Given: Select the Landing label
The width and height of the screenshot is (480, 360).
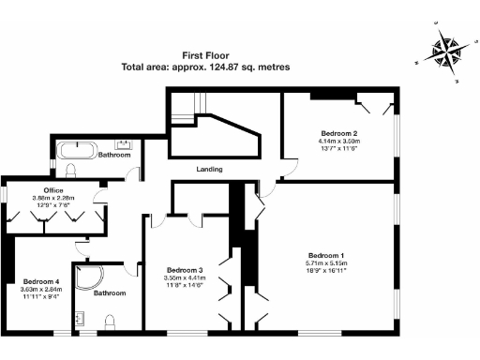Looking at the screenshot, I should click(208, 170).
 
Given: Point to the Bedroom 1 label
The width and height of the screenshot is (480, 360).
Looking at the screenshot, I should click(326, 256).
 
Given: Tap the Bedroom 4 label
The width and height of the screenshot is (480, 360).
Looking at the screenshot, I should click(41, 281).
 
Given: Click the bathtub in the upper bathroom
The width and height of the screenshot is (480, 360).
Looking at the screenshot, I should click(76, 148).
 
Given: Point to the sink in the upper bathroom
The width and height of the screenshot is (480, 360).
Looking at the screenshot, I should click(125, 144).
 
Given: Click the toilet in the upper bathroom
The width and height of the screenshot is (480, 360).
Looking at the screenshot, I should click(72, 169).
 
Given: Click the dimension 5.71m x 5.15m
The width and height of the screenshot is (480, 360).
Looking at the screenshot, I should click(326, 263).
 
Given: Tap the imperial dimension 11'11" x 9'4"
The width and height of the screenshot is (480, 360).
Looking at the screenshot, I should click(41, 296).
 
